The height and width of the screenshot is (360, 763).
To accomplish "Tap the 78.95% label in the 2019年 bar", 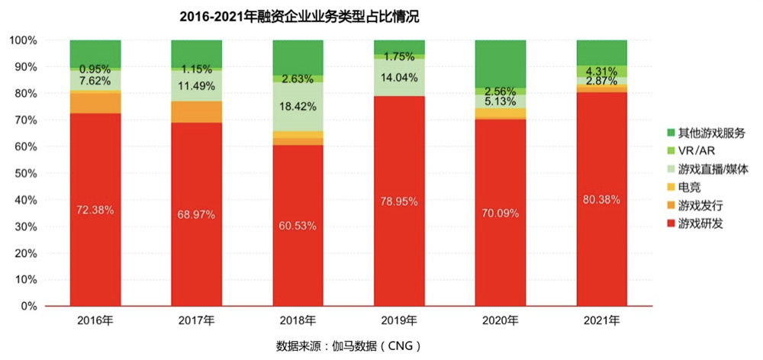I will pyautogui.click(x=399, y=201).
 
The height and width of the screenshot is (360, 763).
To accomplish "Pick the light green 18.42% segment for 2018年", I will pyautogui.click(x=298, y=106).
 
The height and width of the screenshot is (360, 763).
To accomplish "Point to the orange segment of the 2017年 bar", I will pyautogui.click(x=196, y=111).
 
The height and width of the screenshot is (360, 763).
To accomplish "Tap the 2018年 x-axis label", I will pyautogui.click(x=298, y=320).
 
